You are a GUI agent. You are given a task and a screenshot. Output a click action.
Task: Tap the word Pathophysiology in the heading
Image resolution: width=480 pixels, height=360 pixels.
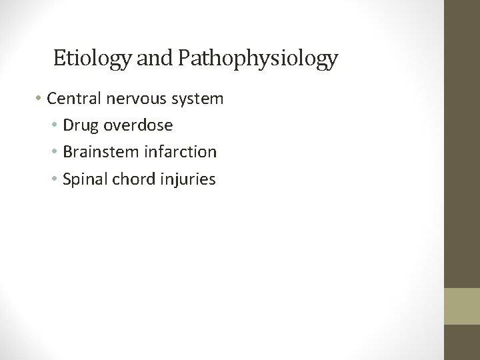(x=257, y=59)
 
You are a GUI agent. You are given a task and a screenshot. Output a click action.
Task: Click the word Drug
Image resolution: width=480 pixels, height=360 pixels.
(x=79, y=125)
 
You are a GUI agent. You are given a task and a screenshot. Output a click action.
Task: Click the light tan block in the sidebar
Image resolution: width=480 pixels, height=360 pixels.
(x=462, y=305)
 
